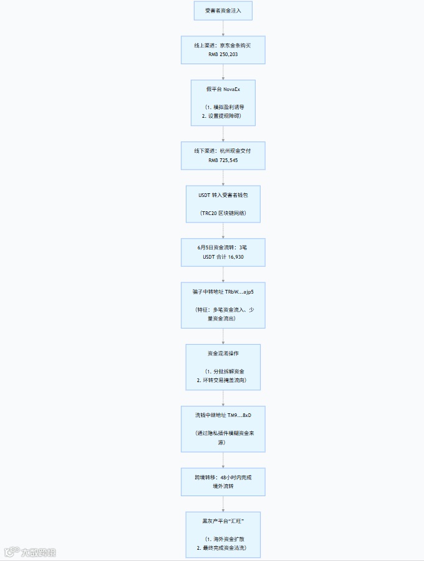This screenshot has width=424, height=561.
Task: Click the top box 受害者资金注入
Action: point(223,11)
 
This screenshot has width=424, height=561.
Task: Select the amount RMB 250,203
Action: point(223,55)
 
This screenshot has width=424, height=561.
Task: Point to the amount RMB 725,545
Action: point(223,160)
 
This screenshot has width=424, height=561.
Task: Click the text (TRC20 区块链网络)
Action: point(223,213)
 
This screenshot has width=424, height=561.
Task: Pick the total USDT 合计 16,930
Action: point(223,256)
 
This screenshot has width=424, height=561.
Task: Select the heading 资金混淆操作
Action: point(223,353)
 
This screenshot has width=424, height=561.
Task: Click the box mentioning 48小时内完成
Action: point(223,481)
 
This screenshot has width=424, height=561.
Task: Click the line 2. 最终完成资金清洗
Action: point(223,547)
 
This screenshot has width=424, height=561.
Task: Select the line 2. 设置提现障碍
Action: point(223,116)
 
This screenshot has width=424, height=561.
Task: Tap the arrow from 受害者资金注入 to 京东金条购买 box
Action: point(223,29)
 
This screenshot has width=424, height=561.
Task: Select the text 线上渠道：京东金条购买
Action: point(223,46)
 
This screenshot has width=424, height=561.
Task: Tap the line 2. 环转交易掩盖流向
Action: point(223,380)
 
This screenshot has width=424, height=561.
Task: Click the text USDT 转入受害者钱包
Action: point(223,194)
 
